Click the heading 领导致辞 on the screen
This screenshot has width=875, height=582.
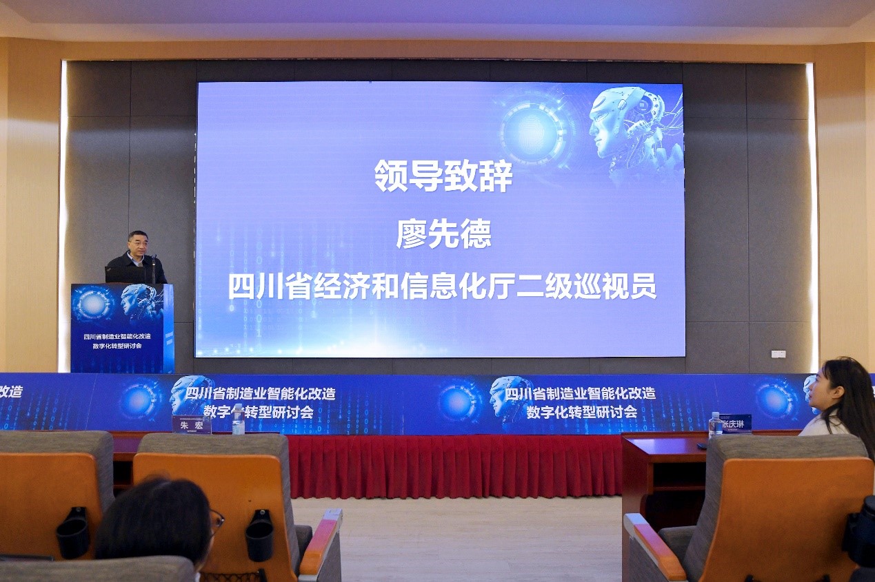[x=443, y=176]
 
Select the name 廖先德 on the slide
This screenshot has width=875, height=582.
[x=443, y=234]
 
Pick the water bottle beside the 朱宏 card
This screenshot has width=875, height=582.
[x=238, y=420]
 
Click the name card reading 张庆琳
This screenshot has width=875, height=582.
[x=734, y=423]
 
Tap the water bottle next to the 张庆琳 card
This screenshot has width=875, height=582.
[x=715, y=425]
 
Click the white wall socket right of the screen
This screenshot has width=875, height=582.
[x=778, y=354]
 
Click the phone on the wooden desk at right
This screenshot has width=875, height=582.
[x=701, y=446]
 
